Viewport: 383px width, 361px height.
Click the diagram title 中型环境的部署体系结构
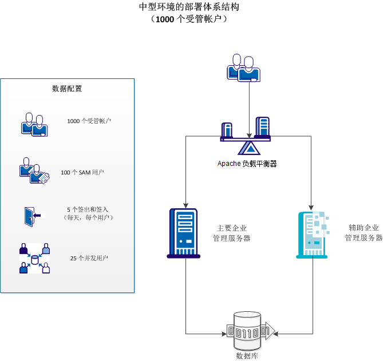tap(191, 7)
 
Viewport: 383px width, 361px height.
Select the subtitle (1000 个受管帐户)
tap(191, 19)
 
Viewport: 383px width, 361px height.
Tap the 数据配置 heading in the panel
tap(67, 89)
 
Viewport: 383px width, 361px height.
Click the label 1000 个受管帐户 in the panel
tap(89, 121)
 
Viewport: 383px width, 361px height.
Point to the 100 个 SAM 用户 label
tap(82, 172)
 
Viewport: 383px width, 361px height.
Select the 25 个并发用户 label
tap(89, 258)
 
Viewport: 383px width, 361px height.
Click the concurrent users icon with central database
tap(34, 259)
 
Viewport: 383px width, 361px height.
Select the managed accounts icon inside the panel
tap(33, 124)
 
